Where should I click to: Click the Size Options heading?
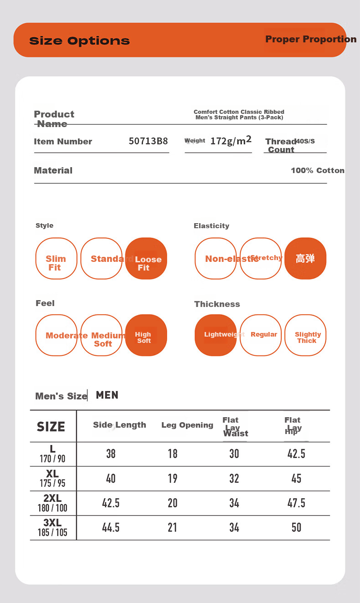point(79,41)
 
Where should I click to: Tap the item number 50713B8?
point(148,141)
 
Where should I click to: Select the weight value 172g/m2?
point(231,141)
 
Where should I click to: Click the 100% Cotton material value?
point(317,170)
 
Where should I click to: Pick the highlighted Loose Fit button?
point(146,259)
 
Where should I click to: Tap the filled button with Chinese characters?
point(305,259)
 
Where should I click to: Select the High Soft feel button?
point(146,336)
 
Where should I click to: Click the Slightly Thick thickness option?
point(305,336)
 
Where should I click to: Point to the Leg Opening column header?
point(187,425)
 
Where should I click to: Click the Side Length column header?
point(119,425)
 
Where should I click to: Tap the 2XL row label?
point(52,503)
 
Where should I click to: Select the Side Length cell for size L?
point(111,454)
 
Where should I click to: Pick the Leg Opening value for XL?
point(173,478)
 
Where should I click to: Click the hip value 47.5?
point(296,503)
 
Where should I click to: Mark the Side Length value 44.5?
point(111,527)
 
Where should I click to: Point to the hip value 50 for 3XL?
point(296,527)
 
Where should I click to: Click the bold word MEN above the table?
point(107,395)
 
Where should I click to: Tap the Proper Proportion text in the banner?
point(311,39)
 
